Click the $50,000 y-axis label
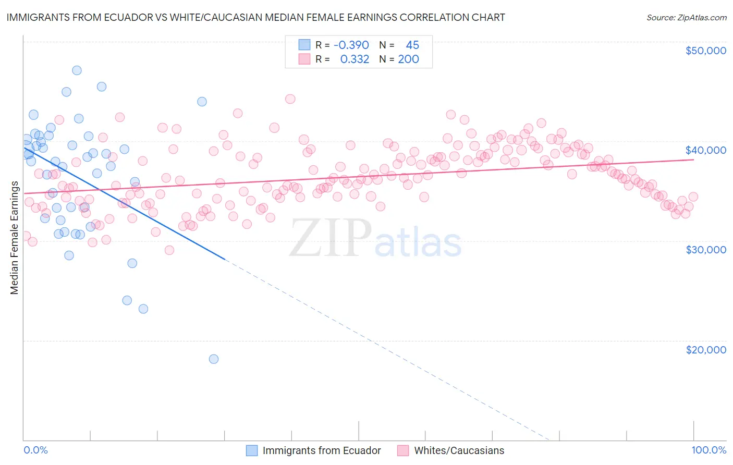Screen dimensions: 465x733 pos(705,51)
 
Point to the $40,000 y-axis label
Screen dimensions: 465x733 pos(705,150)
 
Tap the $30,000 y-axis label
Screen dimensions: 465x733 pos(705,250)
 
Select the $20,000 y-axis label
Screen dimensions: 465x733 pos(705,350)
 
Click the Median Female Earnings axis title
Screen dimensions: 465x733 pos(15,238)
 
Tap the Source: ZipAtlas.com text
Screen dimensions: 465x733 pos(686,18)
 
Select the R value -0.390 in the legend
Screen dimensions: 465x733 pos(351,45)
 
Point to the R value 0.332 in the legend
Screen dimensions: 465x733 pos(355,59)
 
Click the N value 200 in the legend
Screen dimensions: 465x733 pos(408,59)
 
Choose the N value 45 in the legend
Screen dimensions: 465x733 pos(412,45)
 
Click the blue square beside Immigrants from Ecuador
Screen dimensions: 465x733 pos(252,450)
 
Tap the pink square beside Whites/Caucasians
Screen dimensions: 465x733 pos(403,450)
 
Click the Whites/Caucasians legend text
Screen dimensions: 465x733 pos(459,450)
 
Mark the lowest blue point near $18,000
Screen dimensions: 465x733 pos(213,359)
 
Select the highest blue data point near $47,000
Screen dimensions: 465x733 pos(77,70)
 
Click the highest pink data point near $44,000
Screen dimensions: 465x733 pos(290,99)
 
